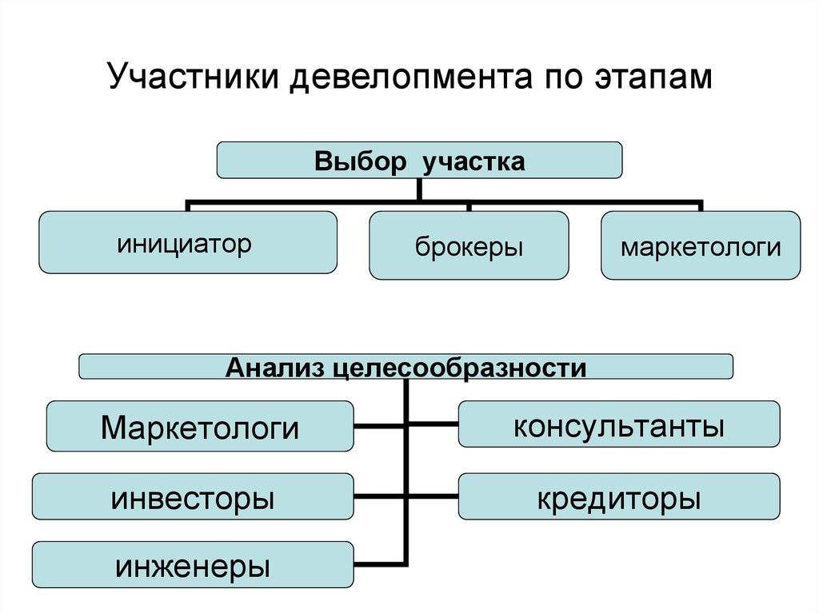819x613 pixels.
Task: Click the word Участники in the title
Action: point(194,76)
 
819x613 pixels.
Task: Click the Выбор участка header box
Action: point(419,160)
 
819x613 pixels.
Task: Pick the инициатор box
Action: point(188,242)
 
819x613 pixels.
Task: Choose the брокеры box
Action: point(469,245)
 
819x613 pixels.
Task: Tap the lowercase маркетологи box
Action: point(701,245)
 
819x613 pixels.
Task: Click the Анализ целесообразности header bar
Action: point(406,367)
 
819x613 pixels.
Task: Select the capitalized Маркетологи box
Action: point(200,426)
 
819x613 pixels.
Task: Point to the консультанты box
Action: point(619,424)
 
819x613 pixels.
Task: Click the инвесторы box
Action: point(193,496)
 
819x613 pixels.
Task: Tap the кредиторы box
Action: point(619,496)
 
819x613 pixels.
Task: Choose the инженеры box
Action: point(193,565)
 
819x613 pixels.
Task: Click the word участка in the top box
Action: point(473,161)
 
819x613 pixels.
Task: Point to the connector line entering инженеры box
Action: point(380,564)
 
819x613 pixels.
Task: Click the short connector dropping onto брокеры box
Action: point(469,207)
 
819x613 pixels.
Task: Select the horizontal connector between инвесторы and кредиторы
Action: point(406,496)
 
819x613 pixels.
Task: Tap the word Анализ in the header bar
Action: point(275,368)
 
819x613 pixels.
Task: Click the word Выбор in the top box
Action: point(361,161)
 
